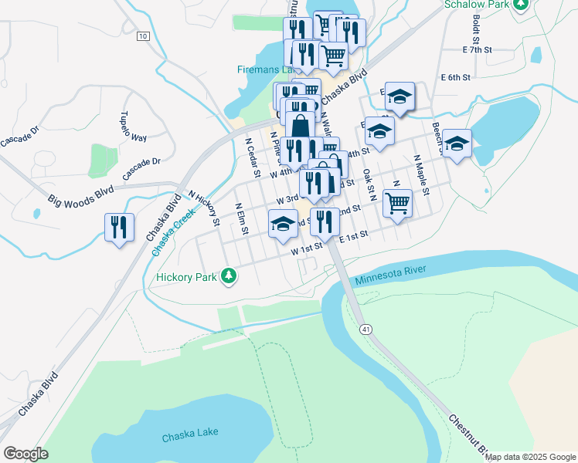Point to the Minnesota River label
tap(391, 276)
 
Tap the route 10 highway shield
tap(142, 36)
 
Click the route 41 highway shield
tap(365, 330)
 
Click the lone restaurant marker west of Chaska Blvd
tap(119, 227)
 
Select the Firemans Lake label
tap(263, 69)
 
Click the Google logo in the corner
tap(25, 454)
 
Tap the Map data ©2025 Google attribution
tap(530, 457)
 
